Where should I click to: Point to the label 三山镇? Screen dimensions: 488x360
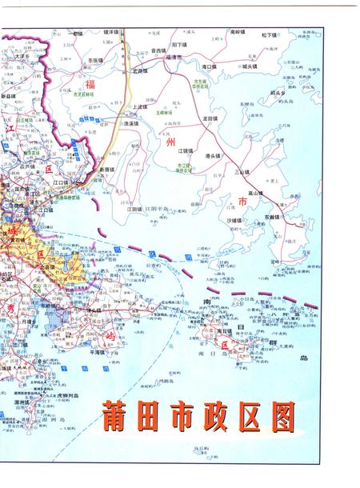click(240, 171)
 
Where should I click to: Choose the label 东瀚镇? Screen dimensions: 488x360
click(273, 216)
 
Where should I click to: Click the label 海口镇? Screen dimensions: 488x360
click(210, 67)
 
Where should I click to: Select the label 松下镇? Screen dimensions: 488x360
click(268, 35)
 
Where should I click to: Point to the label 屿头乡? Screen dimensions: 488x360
click(279, 93)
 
